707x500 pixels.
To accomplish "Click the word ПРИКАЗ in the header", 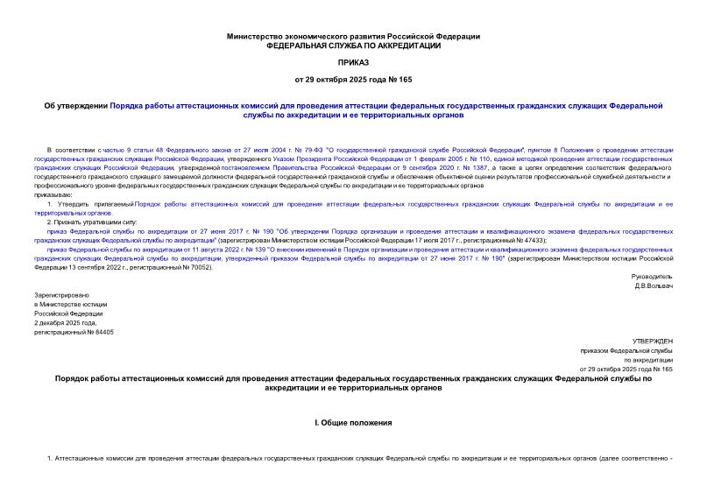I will [353, 63].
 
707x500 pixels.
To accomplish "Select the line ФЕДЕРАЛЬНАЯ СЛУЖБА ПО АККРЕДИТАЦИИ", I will [353, 45].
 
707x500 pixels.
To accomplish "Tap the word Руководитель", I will [651, 276].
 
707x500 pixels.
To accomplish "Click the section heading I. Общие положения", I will [353, 423].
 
